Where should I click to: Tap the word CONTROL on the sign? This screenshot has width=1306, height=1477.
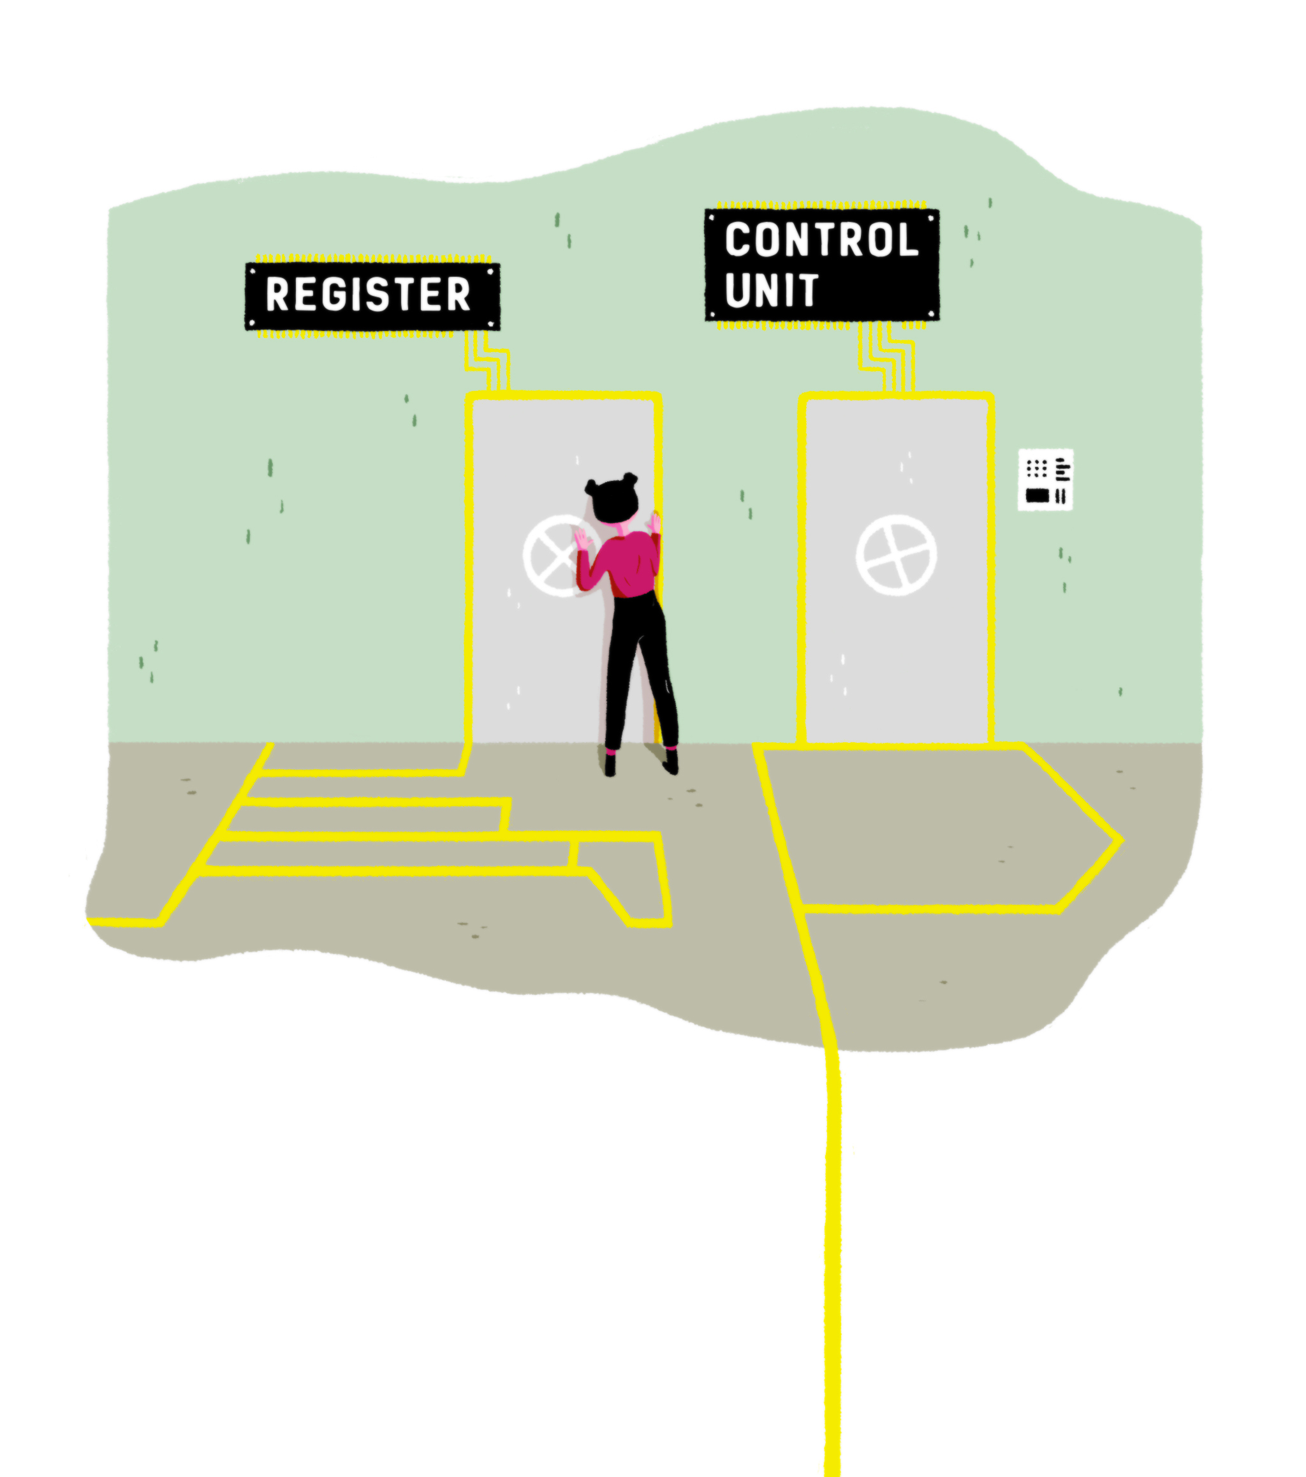coord(821,240)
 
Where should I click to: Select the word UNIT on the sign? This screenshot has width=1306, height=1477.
coord(771,290)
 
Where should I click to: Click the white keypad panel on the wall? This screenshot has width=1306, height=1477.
coord(1045,480)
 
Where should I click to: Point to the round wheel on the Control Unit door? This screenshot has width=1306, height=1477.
coord(896,555)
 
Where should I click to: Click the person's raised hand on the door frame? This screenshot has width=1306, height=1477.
coord(656,522)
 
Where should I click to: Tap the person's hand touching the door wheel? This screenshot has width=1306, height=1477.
coord(581,538)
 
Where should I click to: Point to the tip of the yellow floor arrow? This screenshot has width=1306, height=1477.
coord(1120,840)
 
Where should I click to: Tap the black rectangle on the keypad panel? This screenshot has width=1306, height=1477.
coord(1037,495)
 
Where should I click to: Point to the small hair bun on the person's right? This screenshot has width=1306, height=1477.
coord(630,480)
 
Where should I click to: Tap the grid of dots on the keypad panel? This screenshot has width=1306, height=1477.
coord(1036,468)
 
